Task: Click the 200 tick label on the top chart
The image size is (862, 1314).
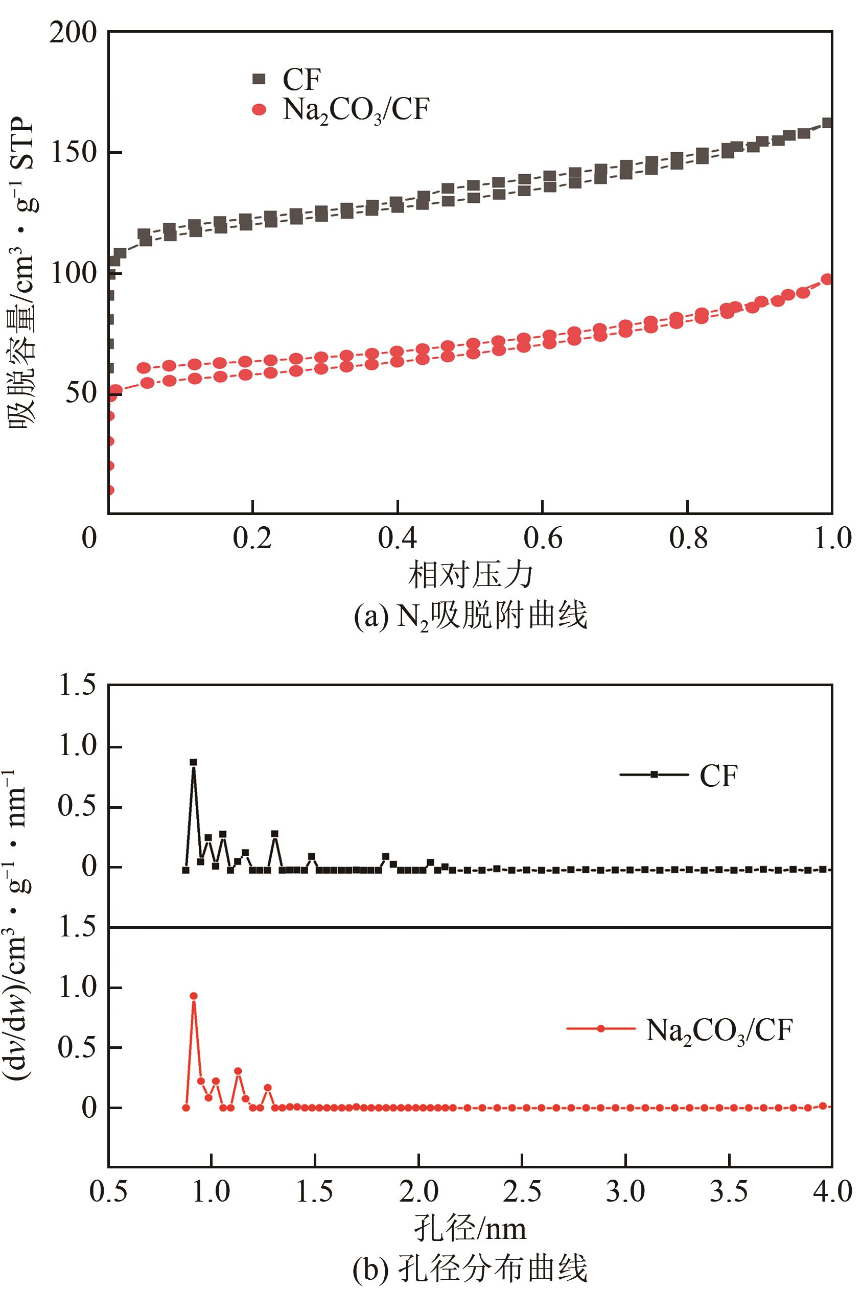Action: pos(73,34)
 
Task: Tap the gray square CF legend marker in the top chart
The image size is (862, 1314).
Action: pos(259,79)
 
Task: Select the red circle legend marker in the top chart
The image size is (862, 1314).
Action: pos(259,110)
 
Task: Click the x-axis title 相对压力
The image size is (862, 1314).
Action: pos(471,575)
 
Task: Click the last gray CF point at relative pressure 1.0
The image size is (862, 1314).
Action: pos(827,123)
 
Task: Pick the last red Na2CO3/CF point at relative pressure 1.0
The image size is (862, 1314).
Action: pos(827,279)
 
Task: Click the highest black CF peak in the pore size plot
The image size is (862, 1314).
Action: pos(193,762)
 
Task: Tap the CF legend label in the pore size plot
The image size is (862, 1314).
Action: pos(718,776)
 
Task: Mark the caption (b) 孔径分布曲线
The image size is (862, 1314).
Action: pos(471,1269)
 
